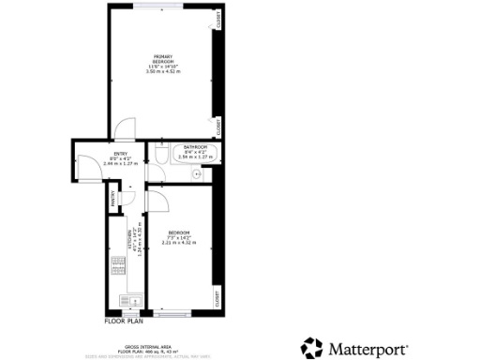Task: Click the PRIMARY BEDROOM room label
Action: point(163,59)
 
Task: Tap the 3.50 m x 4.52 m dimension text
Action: point(163,71)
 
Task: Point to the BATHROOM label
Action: point(195,147)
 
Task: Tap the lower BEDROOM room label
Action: point(179,232)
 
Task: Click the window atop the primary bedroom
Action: point(159,6)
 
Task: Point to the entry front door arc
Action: point(87,167)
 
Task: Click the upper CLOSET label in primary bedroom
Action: point(218,19)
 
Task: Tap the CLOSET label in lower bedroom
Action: point(218,298)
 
